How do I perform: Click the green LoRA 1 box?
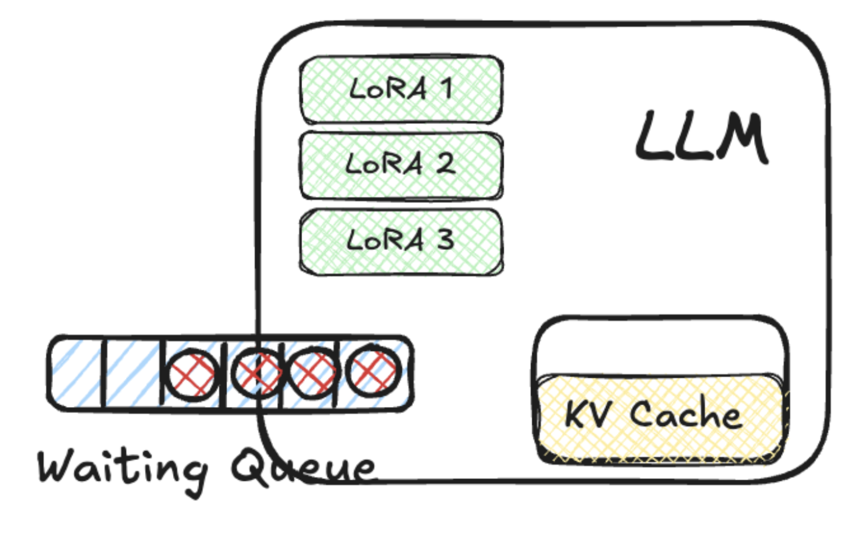click(401, 90)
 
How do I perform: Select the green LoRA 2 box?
click(401, 165)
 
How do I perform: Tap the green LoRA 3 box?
click(401, 241)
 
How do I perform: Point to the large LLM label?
click(700, 137)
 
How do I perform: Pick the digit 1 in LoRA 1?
click(446, 88)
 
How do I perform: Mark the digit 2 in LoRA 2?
click(445, 163)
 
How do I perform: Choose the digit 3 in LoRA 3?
click(445, 239)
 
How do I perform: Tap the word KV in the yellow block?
click(587, 414)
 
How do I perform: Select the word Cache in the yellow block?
click(685, 414)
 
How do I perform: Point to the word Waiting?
click(122, 468)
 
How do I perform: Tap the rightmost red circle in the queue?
click(374, 370)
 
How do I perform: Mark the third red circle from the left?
click(311, 372)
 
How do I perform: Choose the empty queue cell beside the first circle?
click(133, 372)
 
